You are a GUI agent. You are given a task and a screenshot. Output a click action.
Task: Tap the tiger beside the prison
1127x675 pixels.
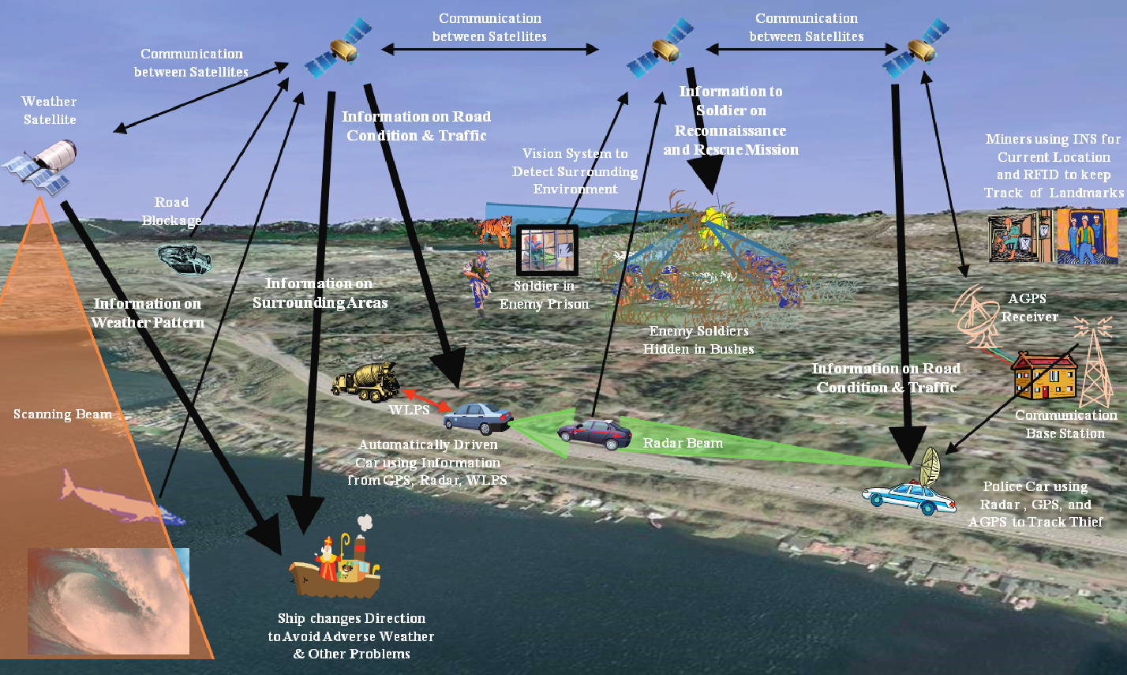click(494, 230)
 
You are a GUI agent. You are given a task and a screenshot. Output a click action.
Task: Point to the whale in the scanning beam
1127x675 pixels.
click(118, 497)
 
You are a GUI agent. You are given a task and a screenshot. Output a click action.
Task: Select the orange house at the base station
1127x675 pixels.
click(1043, 377)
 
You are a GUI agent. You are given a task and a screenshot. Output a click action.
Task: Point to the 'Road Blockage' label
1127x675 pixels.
click(171, 212)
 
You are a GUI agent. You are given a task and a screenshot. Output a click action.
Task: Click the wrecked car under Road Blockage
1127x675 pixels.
click(185, 257)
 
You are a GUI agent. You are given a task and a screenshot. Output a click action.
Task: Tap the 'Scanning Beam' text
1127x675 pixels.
click(62, 414)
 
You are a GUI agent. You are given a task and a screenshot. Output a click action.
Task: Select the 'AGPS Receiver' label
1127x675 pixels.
click(1030, 308)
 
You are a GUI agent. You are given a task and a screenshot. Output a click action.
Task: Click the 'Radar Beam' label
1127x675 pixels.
click(683, 443)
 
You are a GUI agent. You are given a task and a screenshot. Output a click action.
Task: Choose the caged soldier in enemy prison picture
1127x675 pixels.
click(547, 249)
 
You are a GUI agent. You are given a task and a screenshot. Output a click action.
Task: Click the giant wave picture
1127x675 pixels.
click(109, 600)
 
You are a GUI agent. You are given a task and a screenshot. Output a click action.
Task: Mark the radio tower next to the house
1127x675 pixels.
click(1096, 363)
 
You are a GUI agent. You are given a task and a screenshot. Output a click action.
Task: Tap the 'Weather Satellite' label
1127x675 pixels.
click(49, 111)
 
